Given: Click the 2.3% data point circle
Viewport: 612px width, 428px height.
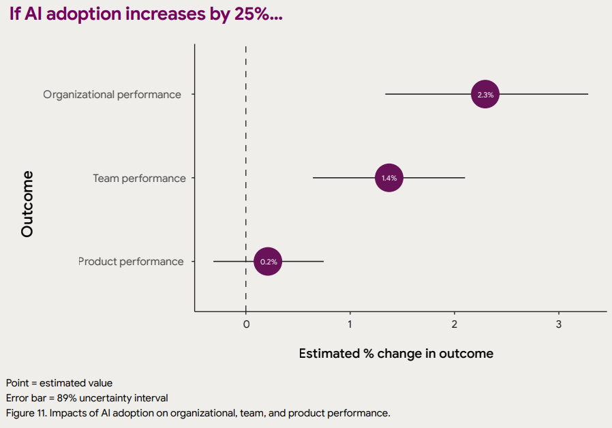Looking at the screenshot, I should click(485, 95).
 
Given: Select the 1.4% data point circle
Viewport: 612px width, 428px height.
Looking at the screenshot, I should click(389, 178).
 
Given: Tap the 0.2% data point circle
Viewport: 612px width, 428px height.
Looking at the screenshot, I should click(268, 262).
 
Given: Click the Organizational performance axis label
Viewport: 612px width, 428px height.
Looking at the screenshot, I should click(112, 95).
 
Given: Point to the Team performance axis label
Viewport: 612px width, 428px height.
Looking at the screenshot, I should click(139, 179).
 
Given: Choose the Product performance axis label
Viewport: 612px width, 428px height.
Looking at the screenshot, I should click(131, 262).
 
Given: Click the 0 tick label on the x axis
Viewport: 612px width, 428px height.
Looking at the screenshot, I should click(246, 324).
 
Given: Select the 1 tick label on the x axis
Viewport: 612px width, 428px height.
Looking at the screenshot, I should click(350, 324).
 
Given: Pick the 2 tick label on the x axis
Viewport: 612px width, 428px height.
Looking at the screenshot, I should click(455, 324).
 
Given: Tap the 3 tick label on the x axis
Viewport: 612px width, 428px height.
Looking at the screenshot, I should click(559, 324).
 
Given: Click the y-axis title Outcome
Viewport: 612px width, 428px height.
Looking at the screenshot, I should click(27, 204).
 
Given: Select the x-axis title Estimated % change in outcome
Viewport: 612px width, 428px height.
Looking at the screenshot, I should click(396, 354).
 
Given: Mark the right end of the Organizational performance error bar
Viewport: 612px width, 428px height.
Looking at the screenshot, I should click(587, 95).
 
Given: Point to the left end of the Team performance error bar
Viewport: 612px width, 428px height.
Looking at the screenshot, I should click(313, 178).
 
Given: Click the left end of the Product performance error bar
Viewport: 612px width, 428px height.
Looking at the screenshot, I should click(214, 262).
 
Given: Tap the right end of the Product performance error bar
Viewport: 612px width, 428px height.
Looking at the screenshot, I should click(323, 262).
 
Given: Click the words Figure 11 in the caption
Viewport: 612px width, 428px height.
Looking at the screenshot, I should click(26, 413).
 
